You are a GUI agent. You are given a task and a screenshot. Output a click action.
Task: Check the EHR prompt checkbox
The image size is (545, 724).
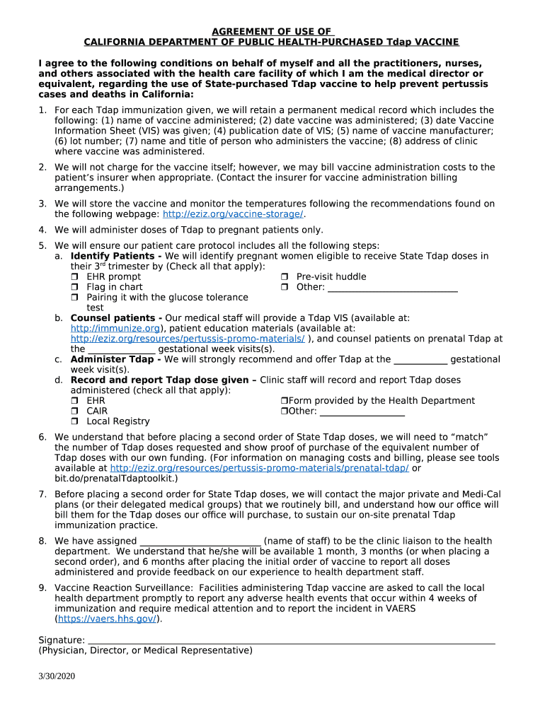tap(74, 277)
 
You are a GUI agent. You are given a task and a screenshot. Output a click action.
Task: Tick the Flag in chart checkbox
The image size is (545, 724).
tap(74, 288)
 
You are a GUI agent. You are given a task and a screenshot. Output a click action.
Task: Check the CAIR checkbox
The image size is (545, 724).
tap(74, 411)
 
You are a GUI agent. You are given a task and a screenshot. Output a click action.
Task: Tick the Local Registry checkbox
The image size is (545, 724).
tap(74, 422)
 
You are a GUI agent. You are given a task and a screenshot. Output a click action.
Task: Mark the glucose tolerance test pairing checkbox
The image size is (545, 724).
tap(74, 298)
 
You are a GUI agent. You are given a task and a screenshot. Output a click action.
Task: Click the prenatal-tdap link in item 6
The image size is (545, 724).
tap(259, 468)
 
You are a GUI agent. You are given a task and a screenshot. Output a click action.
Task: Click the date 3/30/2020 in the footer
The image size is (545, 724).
tap(57, 676)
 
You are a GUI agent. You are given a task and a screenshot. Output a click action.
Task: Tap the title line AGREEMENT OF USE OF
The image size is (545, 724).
tap(272, 32)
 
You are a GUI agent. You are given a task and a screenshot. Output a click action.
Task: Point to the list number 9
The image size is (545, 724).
tap(42, 588)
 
